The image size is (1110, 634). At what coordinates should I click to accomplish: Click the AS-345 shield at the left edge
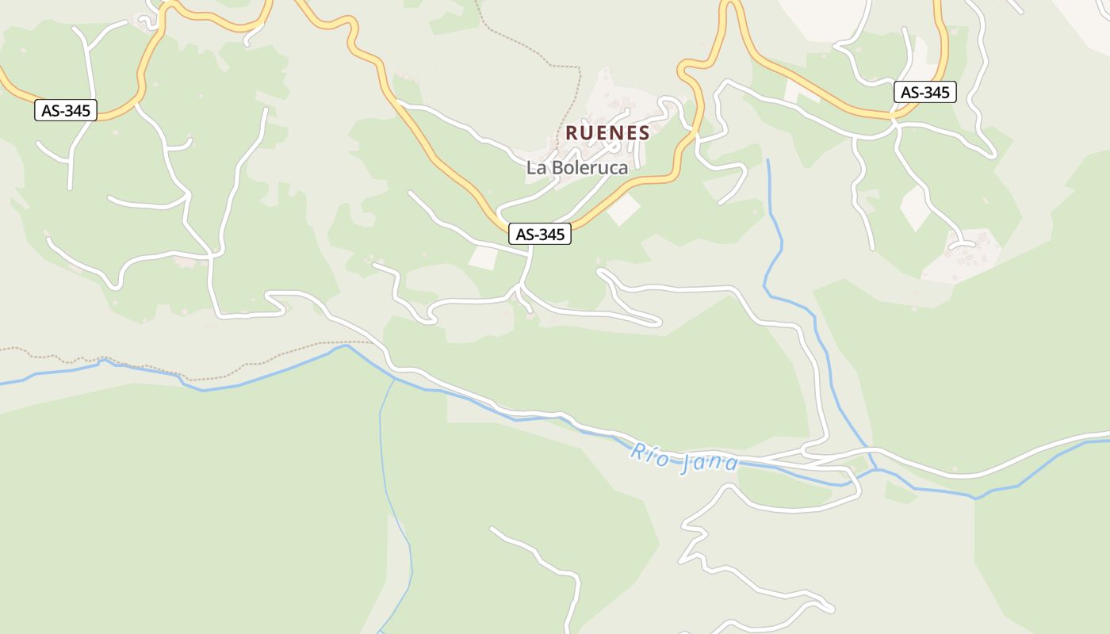coord(66,110)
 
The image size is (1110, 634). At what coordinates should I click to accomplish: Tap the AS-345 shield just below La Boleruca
coord(539,234)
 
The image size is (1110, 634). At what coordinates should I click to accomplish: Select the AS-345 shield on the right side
coord(925,92)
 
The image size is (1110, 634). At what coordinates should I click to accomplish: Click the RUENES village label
coord(607,133)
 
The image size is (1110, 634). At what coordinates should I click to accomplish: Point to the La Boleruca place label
coord(576,168)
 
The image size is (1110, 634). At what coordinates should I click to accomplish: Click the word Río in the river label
coord(650,453)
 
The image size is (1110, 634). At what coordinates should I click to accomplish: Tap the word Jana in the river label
coord(710,464)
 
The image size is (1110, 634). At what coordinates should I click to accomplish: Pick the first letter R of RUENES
coord(571,133)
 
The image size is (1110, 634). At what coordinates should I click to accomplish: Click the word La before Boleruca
coord(535,168)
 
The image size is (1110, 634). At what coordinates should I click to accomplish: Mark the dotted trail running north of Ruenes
coord(547,55)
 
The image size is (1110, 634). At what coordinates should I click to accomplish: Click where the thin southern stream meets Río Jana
coord(395,379)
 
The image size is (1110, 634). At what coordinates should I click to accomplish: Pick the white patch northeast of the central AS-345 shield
coord(624,209)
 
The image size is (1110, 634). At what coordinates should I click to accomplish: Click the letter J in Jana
coord(687,462)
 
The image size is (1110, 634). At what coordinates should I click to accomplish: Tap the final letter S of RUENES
coord(644,133)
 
